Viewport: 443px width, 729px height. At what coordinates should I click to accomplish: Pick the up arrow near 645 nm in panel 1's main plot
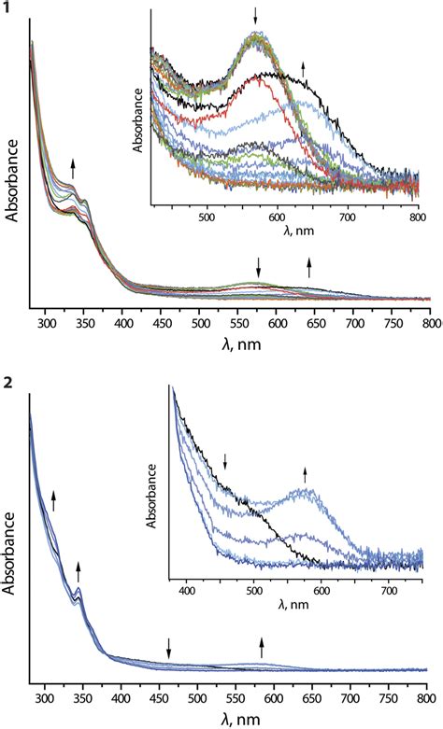point(310,268)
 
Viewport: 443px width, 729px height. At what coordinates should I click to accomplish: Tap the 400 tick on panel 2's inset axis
point(186,591)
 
